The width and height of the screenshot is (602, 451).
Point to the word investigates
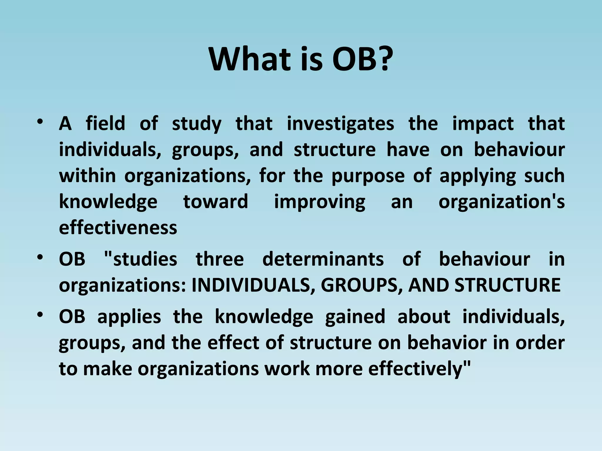(x=340, y=124)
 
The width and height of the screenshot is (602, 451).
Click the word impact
(x=483, y=124)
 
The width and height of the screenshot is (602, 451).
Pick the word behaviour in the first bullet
(x=519, y=149)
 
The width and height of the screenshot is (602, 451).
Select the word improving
(x=320, y=202)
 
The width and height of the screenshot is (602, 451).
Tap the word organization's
(x=501, y=202)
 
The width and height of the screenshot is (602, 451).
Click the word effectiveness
(x=118, y=228)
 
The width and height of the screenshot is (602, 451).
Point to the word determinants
(x=323, y=259)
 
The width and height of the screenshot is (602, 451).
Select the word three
(x=220, y=259)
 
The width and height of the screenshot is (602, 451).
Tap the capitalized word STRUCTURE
(x=507, y=285)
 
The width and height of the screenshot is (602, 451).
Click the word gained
(x=355, y=317)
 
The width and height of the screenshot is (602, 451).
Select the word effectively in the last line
(x=416, y=368)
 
